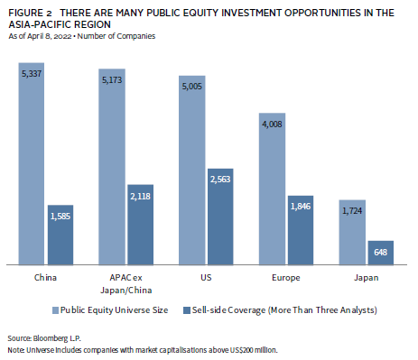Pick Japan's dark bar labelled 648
pyautogui.click(x=381, y=253)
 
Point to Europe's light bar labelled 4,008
pyautogui.click(x=272, y=189)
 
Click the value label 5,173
pyautogui.click(x=112, y=80)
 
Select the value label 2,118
pyautogui.click(x=140, y=197)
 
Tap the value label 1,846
pyautogui.click(x=301, y=207)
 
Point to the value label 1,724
pyautogui.click(x=352, y=211)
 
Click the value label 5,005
pyautogui.click(x=192, y=87)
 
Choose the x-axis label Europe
pyautogui.click(x=286, y=278)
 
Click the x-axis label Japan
pyautogui.click(x=367, y=278)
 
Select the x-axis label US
pyautogui.click(x=206, y=277)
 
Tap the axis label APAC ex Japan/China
pyautogui.click(x=126, y=283)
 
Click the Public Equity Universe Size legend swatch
pyautogui.click(x=55, y=310)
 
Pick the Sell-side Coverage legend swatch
pyautogui.click(x=187, y=310)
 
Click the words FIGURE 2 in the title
pyautogui.click(x=30, y=14)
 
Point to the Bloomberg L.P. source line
pyautogui.click(x=44, y=338)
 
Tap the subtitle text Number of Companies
pyautogui.click(x=116, y=36)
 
